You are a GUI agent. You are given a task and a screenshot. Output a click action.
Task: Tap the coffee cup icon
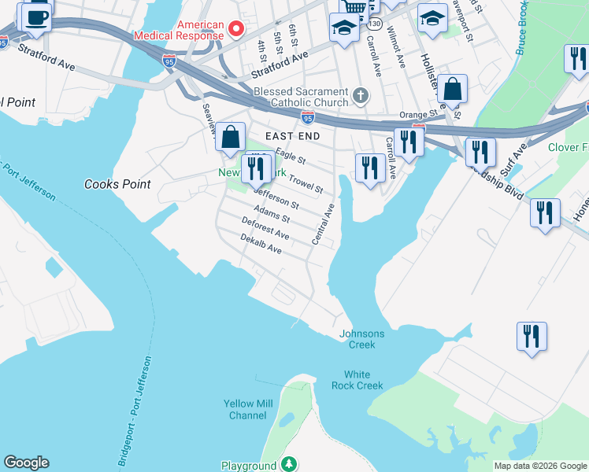pyautogui.click(x=36, y=17)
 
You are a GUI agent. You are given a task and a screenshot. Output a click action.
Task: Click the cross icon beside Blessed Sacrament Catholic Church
pyautogui.click(x=361, y=97)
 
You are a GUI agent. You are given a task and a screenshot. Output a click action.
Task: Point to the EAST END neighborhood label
pyautogui.click(x=292, y=136)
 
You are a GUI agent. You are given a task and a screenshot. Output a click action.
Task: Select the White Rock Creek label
pyautogui.click(x=363, y=380)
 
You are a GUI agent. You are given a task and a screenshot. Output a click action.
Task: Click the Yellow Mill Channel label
pyautogui.click(x=248, y=409)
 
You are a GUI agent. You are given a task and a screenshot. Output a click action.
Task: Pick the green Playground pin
pyautogui.click(x=290, y=465)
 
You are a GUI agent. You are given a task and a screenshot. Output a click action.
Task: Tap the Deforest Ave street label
pyautogui.click(x=265, y=229)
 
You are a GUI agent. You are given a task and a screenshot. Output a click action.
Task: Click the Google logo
pyautogui.click(x=26, y=463)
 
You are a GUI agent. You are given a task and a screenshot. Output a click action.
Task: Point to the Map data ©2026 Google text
pyautogui.click(x=539, y=466)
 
